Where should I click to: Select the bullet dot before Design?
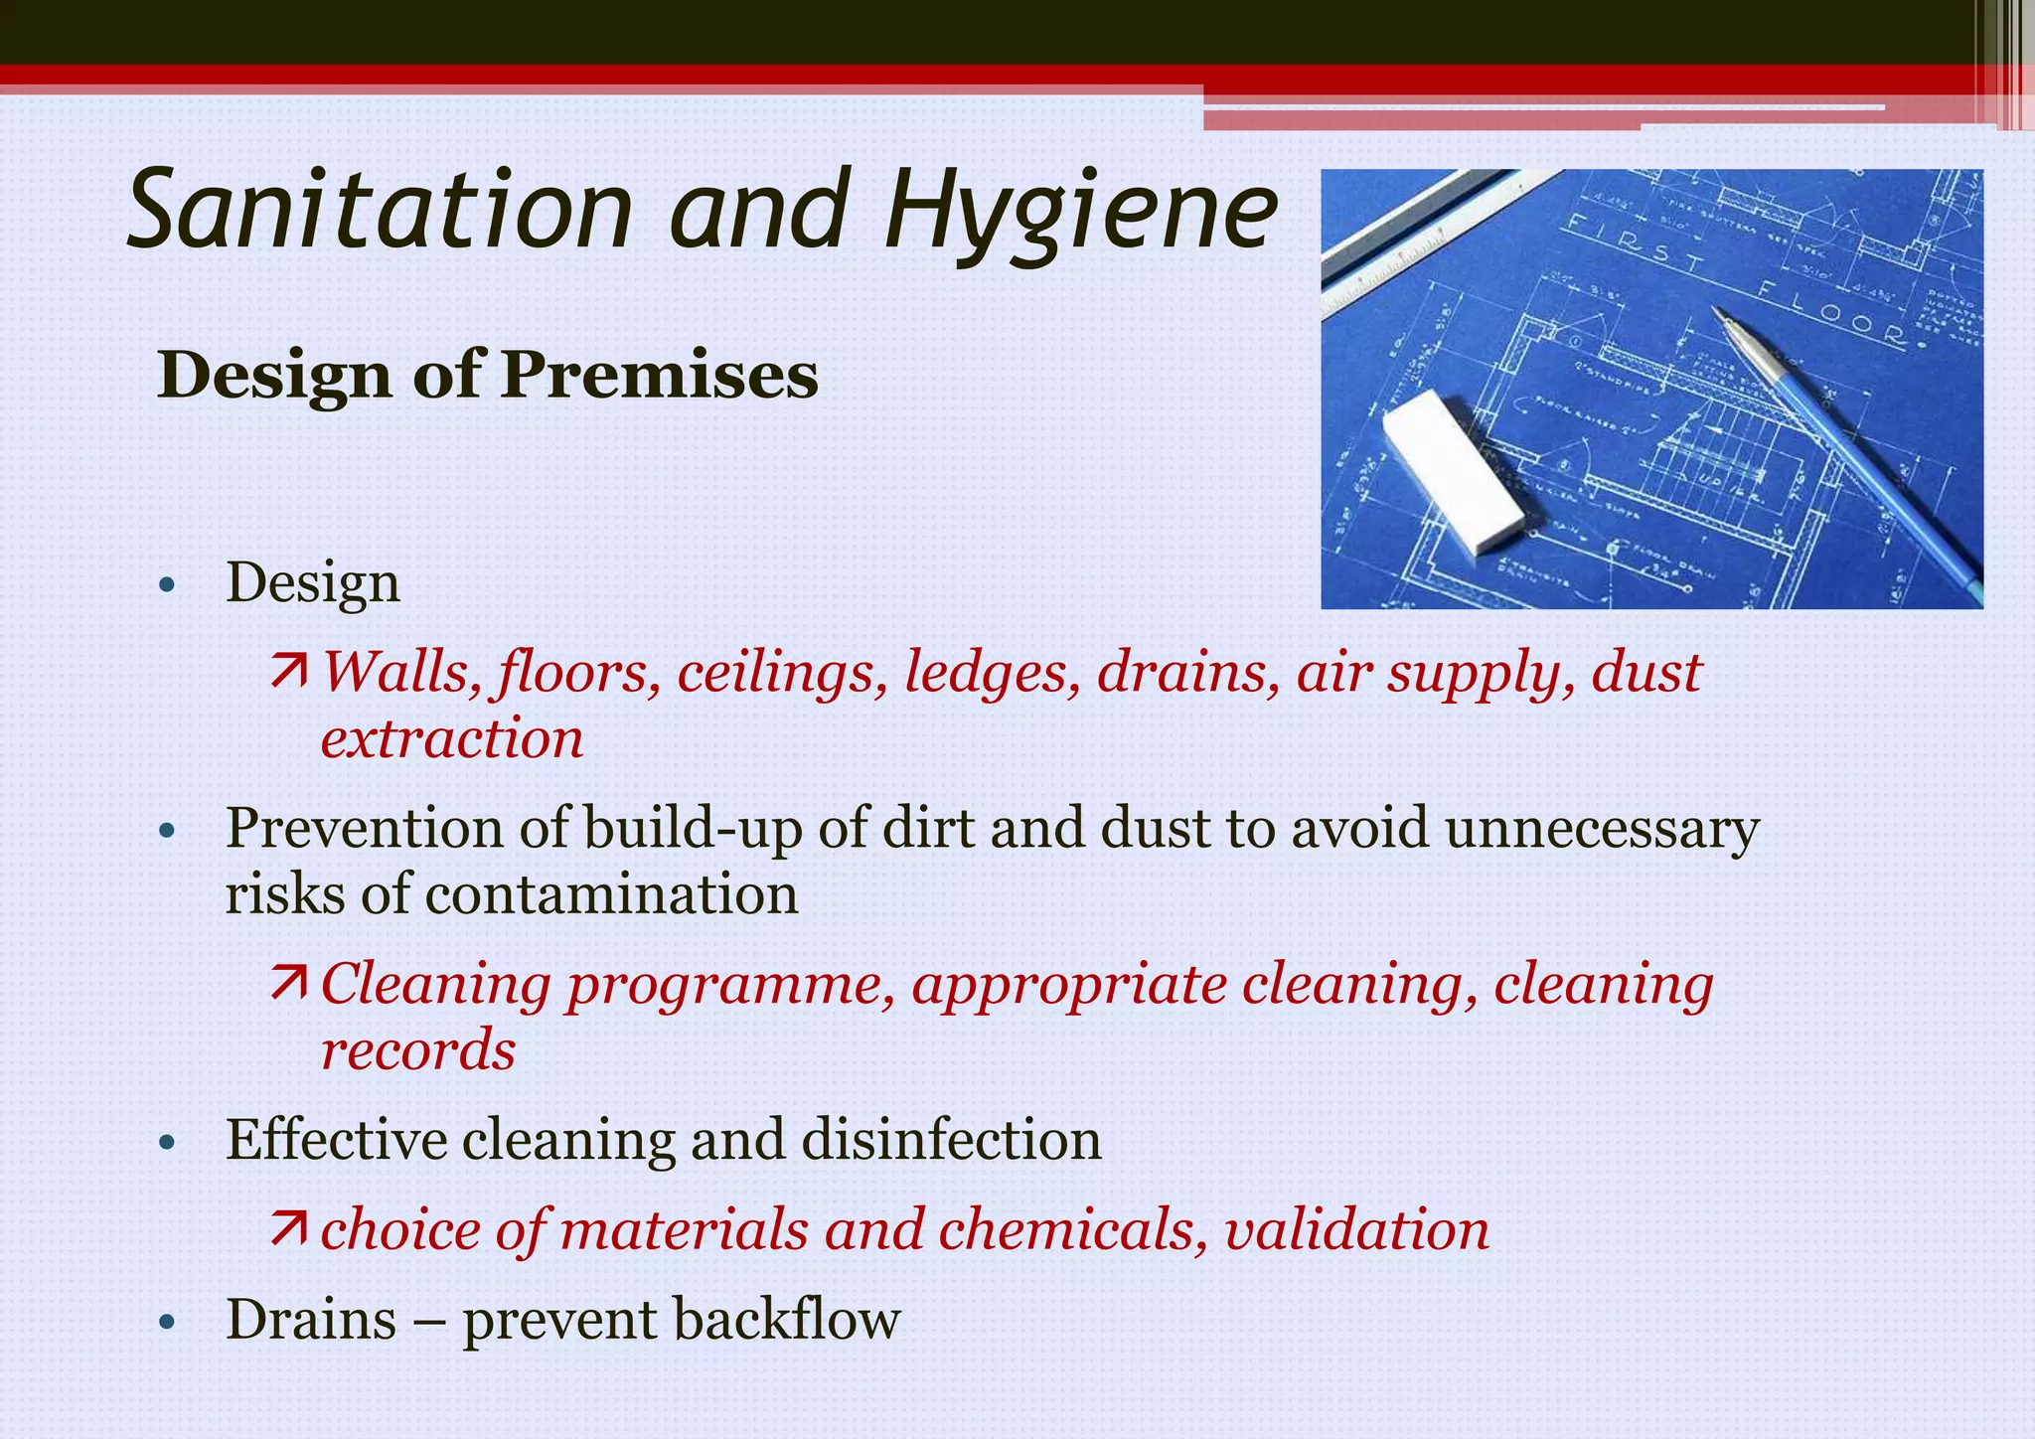(x=167, y=585)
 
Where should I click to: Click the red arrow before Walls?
(x=289, y=672)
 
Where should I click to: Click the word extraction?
(x=452, y=739)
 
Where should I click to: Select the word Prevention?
(x=364, y=828)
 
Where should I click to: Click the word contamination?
(x=611, y=894)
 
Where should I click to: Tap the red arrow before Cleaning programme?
(x=289, y=984)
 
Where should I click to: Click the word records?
(x=418, y=1050)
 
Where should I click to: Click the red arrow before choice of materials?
(x=289, y=1229)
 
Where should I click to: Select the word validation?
(x=1356, y=1229)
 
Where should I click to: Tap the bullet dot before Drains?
(x=167, y=1323)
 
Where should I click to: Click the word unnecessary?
(x=1602, y=828)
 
